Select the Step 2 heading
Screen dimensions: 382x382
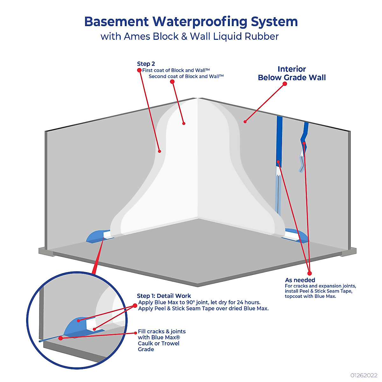click(x=146, y=64)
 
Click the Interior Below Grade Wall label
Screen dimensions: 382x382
click(x=292, y=73)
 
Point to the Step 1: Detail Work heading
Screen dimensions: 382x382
click(x=164, y=296)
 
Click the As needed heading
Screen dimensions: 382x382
click(x=300, y=280)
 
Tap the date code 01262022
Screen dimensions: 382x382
click(x=364, y=375)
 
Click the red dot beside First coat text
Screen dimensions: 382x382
click(x=139, y=70)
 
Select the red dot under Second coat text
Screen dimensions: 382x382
click(x=172, y=82)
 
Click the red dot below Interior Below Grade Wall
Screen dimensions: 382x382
click(x=285, y=84)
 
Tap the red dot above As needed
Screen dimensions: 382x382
click(x=309, y=273)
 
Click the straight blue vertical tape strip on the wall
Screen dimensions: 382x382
click(x=279, y=140)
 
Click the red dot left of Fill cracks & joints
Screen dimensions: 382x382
click(x=135, y=333)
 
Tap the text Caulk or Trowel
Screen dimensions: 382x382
click(x=159, y=343)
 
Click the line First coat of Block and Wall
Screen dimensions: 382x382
click(x=176, y=70)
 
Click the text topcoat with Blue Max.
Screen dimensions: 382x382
click(x=310, y=296)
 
